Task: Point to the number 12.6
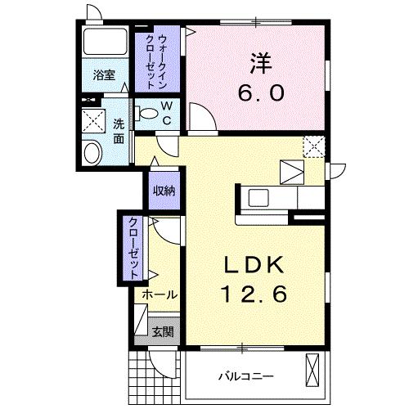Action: pos(253,294)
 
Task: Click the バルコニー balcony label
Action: pos(245,376)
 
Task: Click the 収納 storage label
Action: pos(164,191)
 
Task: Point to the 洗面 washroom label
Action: pos(119,131)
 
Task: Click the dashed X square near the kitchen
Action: pos(313,146)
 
